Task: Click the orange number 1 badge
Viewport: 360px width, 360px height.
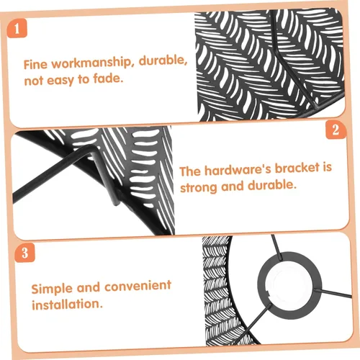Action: pyautogui.click(x=17, y=29)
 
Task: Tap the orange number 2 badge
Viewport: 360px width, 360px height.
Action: pyautogui.click(x=336, y=130)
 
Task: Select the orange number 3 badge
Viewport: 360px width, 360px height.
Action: pyautogui.click(x=25, y=253)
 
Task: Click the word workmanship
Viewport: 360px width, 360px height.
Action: pyautogui.click(x=91, y=63)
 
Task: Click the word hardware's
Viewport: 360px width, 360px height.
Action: pyautogui.click(x=238, y=169)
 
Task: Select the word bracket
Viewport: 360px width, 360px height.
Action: pyautogui.click(x=297, y=168)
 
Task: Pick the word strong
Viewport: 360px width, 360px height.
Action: pyautogui.click(x=199, y=187)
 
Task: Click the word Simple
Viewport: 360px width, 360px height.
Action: pyautogui.click(x=52, y=289)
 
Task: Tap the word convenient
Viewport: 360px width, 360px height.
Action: pyautogui.click(x=138, y=286)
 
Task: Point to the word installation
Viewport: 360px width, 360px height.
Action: pyautogui.click(x=67, y=305)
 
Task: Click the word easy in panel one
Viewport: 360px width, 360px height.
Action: pyautogui.click(x=60, y=80)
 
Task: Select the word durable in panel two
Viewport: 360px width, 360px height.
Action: pyautogui.click(x=272, y=186)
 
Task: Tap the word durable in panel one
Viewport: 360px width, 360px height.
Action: pyautogui.click(x=163, y=60)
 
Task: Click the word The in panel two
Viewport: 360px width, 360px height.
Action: pyautogui.click(x=190, y=171)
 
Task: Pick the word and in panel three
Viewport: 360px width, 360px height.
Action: pyautogui.click(x=89, y=287)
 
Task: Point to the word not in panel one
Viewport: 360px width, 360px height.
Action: pyautogui.click(x=34, y=81)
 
